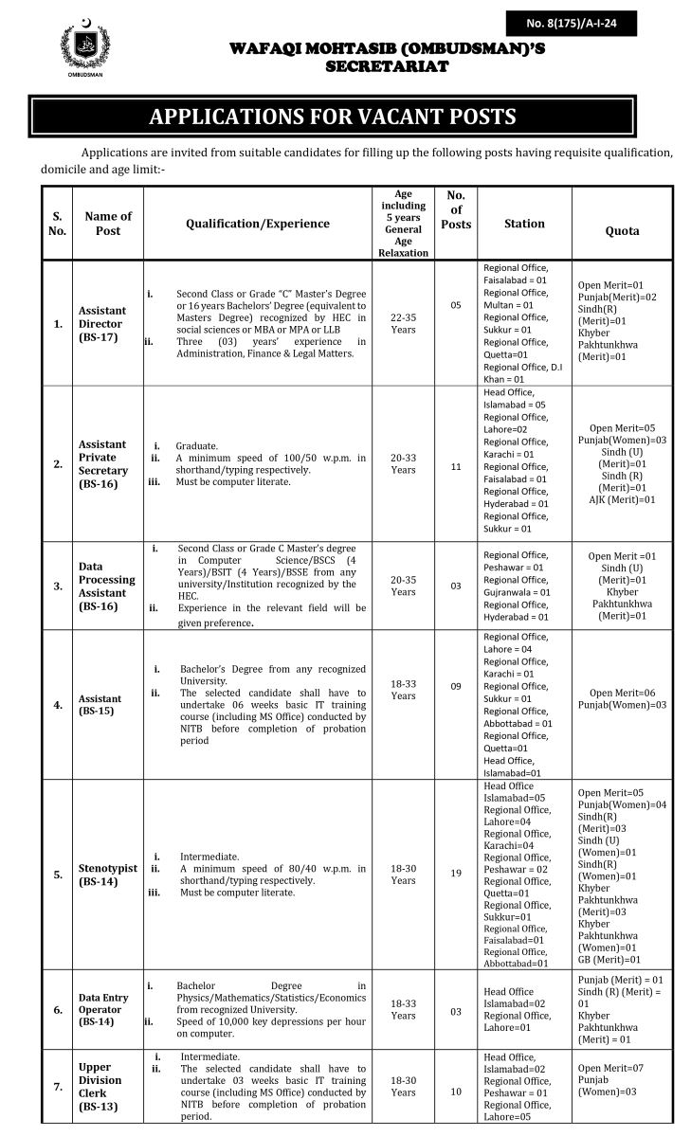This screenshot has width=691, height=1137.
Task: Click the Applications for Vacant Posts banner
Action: point(332,117)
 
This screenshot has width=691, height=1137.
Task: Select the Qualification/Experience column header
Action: point(258,224)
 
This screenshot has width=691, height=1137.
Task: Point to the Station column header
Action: point(524,224)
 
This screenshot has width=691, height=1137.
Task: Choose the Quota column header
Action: point(622,230)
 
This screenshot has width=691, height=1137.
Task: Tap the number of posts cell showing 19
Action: point(456,874)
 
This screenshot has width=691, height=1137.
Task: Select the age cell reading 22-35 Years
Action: point(404,323)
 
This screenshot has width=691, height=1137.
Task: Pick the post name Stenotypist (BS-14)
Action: point(107,874)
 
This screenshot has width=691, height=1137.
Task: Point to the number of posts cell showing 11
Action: point(456,467)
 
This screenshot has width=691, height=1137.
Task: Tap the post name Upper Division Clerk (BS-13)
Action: point(100,1086)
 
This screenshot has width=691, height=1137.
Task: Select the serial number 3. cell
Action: point(59,586)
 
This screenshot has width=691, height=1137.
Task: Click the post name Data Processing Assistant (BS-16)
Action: point(107,580)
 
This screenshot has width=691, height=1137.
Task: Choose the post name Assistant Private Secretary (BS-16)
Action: point(102,463)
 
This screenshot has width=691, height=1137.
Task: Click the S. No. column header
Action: point(58,224)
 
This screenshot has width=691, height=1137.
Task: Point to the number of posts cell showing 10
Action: point(456,1092)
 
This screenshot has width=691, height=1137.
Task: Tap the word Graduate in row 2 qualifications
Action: point(197,445)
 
